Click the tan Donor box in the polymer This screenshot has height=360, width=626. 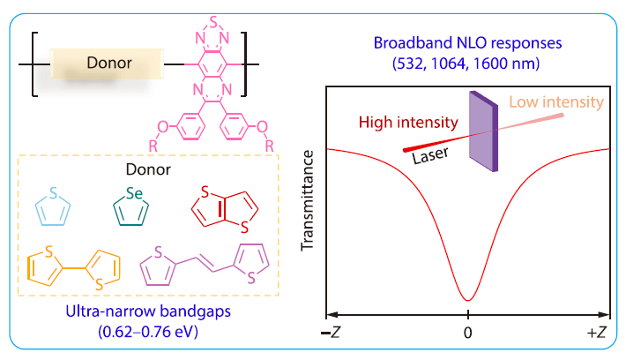108,64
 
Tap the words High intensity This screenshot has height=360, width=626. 406,122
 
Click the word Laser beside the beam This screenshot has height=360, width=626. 432,154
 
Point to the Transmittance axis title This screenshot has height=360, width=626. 308,200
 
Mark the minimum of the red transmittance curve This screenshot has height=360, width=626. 468,300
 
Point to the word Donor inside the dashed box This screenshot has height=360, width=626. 146,168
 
